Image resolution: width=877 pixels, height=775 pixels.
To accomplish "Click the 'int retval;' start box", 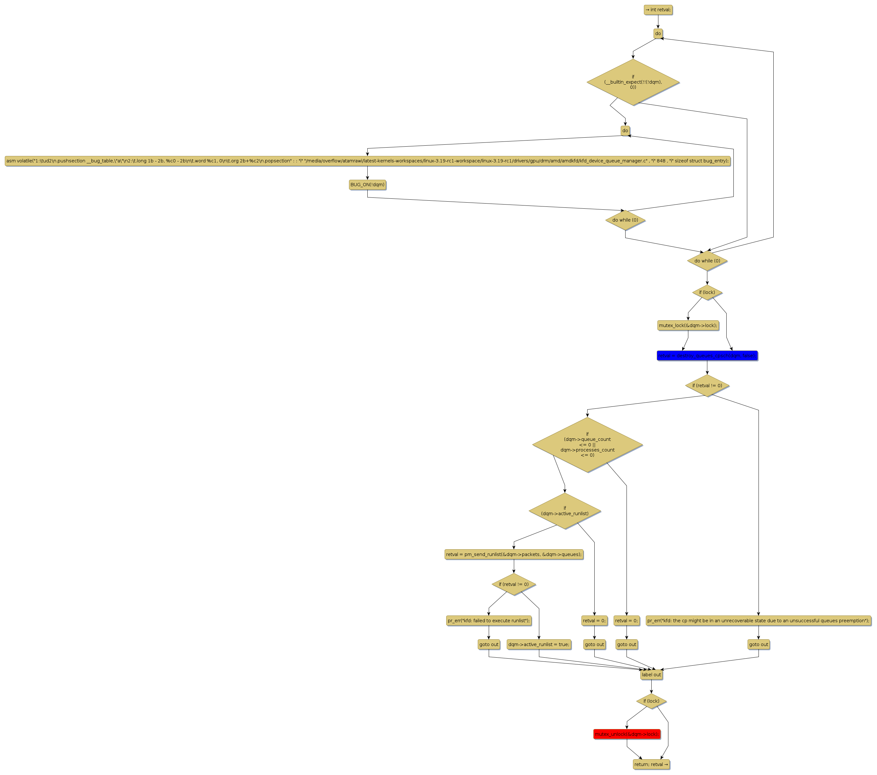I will [658, 10].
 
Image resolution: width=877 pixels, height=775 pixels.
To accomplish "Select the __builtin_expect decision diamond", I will [633, 82].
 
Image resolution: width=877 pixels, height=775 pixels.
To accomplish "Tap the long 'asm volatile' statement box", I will [367, 161].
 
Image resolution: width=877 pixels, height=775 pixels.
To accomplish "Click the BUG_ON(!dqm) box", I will [367, 185].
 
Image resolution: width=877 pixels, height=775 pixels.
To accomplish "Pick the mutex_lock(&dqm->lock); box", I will [688, 325].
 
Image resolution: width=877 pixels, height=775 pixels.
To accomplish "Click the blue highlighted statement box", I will [707, 355].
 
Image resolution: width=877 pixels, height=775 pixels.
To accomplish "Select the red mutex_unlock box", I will [627, 734].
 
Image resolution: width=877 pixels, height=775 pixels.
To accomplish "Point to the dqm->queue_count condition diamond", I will [587, 444].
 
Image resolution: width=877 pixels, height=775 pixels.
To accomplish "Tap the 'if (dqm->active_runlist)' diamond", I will [565, 511].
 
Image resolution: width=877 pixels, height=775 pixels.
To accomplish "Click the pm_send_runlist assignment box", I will [514, 554].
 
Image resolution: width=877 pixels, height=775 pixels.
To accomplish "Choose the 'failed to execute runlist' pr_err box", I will [489, 620].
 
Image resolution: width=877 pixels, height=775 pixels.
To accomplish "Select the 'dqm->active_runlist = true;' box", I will [539, 644].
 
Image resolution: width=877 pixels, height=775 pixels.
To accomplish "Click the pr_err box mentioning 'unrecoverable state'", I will [758, 620].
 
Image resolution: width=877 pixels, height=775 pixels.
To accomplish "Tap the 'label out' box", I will [651, 675].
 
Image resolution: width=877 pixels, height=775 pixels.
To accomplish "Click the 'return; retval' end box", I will [651, 764].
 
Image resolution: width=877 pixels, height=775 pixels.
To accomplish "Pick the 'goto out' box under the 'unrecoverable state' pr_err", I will [758, 644].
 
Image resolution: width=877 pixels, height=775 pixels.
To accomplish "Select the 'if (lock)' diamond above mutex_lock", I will [707, 292].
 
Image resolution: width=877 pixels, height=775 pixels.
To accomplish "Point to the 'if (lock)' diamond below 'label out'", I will [651, 701].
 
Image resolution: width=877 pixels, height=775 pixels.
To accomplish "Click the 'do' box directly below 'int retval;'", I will [658, 33].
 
